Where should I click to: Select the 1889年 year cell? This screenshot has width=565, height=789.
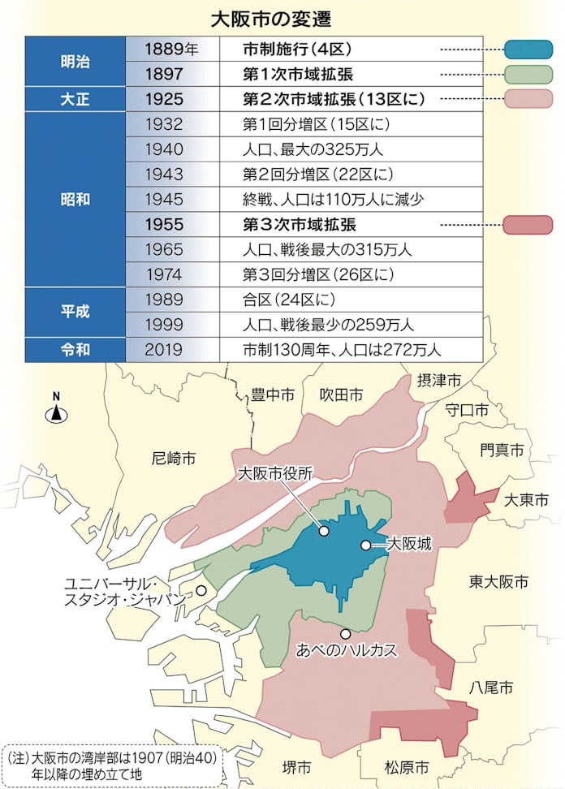[x=171, y=49]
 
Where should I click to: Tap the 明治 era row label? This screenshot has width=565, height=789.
[x=75, y=62]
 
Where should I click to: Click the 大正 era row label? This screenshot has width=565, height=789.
[x=75, y=99]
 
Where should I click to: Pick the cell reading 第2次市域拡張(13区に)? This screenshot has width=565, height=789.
[x=334, y=99]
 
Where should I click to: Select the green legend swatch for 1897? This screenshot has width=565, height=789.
[x=528, y=75]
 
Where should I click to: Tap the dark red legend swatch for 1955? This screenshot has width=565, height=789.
[x=528, y=224]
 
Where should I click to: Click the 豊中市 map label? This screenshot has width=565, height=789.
[x=271, y=394]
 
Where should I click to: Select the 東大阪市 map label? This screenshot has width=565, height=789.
[x=498, y=581]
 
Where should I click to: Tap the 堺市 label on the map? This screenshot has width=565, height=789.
[x=295, y=767]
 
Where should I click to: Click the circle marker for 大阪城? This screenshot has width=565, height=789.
[x=365, y=545]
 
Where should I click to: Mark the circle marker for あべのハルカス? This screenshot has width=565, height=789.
[x=345, y=633]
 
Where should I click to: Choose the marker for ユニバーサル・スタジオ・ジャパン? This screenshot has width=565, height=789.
[x=201, y=592]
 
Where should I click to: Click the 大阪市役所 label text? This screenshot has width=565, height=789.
[x=274, y=474]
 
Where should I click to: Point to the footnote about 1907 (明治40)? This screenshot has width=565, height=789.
[x=114, y=765]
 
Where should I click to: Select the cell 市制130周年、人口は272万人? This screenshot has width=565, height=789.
[x=342, y=349]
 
